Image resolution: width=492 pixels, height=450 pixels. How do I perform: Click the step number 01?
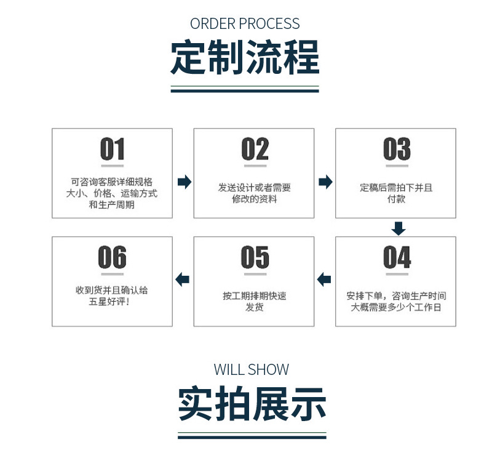tap(112, 150)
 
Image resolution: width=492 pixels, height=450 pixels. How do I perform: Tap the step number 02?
tap(254, 150)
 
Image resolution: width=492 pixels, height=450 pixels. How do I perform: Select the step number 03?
tap(396, 150)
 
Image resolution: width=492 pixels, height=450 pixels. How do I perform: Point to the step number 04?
tap(396, 258)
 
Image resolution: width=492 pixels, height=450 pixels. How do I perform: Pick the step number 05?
tap(254, 258)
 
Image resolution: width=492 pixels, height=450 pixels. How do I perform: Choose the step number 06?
tap(112, 258)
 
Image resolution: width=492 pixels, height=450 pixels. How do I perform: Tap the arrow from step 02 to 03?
tap(325, 182)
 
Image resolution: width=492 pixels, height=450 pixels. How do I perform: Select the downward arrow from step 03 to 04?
tap(399, 228)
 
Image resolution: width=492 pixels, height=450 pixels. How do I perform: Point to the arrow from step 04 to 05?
tap(324, 279)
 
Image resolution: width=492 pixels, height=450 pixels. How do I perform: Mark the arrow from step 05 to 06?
tap(183, 279)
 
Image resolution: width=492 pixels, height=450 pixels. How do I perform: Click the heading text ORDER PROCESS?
tap(245, 24)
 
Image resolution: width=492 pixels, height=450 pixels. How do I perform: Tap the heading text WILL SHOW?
tap(251, 370)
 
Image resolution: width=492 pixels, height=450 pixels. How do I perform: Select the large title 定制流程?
tap(245, 58)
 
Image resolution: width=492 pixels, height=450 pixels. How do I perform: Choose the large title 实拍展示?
tap(252, 404)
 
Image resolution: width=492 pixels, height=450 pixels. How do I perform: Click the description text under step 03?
tap(396, 193)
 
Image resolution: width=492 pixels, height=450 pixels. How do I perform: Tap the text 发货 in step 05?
tap(254, 307)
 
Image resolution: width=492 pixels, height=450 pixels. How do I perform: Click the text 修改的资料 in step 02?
tap(254, 199)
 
